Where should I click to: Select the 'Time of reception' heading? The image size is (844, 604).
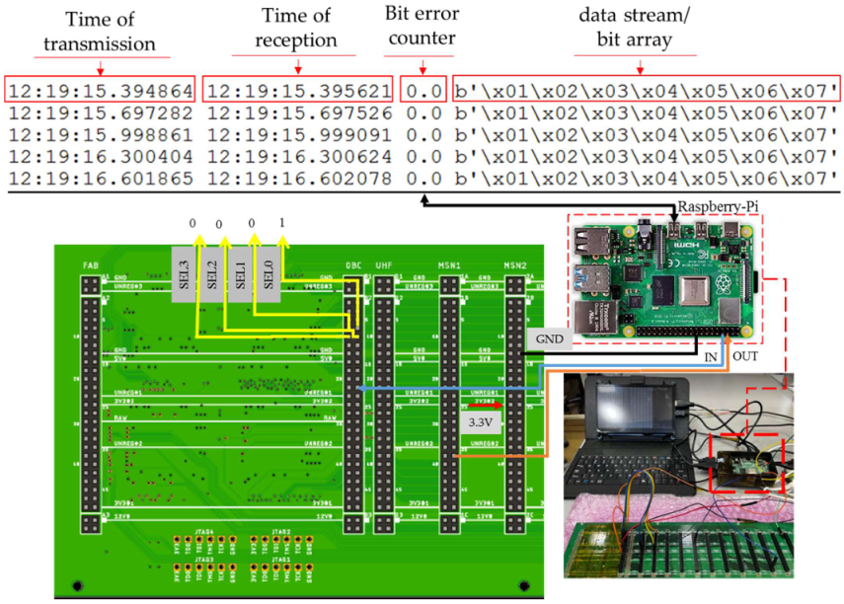[298, 33]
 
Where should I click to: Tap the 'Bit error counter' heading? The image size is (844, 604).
[422, 33]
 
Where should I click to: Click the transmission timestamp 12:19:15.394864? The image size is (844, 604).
[101, 90]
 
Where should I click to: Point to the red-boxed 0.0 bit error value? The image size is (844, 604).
[423, 90]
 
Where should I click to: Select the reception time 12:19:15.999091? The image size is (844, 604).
[300, 134]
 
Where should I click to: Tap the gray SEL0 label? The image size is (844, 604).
[269, 273]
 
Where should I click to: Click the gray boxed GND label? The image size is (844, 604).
[551, 338]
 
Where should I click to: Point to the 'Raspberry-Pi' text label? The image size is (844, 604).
[713, 207]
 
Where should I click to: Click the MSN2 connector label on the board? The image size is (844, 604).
[516, 266]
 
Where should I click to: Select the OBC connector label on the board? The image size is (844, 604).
[352, 266]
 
